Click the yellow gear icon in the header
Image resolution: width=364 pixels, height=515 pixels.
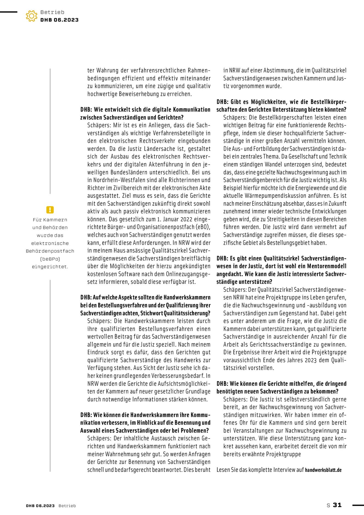click(32, 16)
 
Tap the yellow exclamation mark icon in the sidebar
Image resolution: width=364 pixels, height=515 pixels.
click(50, 210)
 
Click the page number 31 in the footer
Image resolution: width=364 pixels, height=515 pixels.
click(337, 505)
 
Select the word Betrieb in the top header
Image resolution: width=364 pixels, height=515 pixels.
click(52, 12)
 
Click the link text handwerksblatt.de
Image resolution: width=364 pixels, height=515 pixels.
click(323, 470)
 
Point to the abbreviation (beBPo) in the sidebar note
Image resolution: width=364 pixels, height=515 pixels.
click(50, 259)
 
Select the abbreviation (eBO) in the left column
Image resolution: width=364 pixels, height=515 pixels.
click(203, 227)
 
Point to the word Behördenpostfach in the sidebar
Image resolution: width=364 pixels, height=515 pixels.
click(50, 251)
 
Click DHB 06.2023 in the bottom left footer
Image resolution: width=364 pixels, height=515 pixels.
click(40, 506)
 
